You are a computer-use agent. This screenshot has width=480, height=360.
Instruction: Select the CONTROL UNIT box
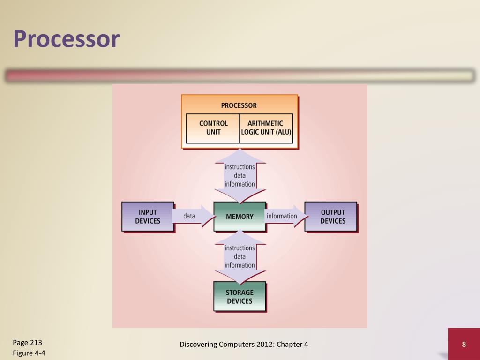[213, 127]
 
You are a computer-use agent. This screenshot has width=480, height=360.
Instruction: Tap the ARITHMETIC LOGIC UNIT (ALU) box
[266, 127]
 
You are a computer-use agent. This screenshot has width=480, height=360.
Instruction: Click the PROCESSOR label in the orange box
[239, 105]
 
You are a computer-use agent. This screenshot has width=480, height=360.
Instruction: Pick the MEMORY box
[240, 217]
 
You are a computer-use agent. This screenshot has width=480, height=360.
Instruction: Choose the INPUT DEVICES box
[148, 217]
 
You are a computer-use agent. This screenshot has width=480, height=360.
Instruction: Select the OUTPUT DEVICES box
[332, 217]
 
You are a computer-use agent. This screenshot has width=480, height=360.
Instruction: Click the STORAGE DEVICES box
[240, 297]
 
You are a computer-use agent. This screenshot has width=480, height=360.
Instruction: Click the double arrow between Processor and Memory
[240, 175]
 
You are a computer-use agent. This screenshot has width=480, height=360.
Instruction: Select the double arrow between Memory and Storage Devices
[240, 256]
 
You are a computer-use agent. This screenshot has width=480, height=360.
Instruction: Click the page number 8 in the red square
[464, 345]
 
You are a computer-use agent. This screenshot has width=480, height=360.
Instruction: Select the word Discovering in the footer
[198, 345]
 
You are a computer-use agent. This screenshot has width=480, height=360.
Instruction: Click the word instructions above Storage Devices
[240, 248]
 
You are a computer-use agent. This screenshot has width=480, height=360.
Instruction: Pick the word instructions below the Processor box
[240, 167]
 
